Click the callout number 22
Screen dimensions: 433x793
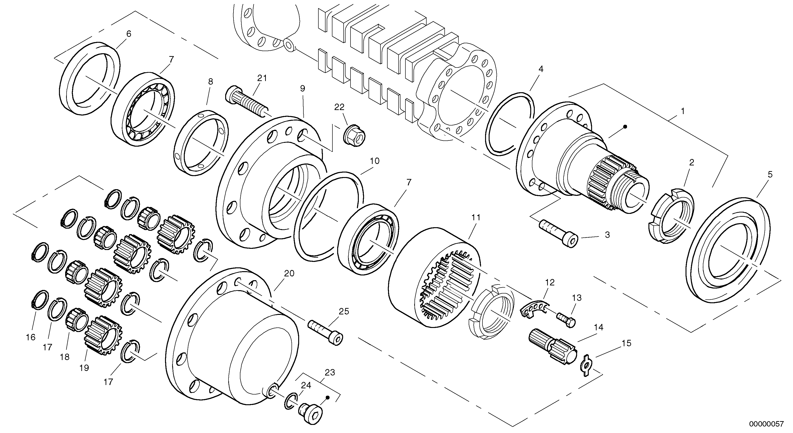click(340, 107)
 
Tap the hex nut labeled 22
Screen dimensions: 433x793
click(354, 136)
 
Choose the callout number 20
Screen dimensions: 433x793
click(289, 273)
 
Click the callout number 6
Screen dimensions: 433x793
click(129, 34)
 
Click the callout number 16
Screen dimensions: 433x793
click(31, 337)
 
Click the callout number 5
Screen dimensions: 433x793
click(770, 174)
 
